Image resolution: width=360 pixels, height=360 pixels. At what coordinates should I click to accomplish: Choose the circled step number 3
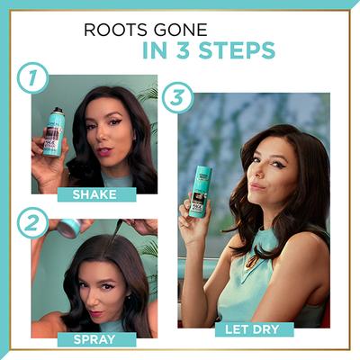(x=176, y=96)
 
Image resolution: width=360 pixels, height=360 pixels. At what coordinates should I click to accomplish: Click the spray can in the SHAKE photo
(x=53, y=132)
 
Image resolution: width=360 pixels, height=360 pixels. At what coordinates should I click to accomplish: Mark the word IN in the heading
(x=160, y=50)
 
